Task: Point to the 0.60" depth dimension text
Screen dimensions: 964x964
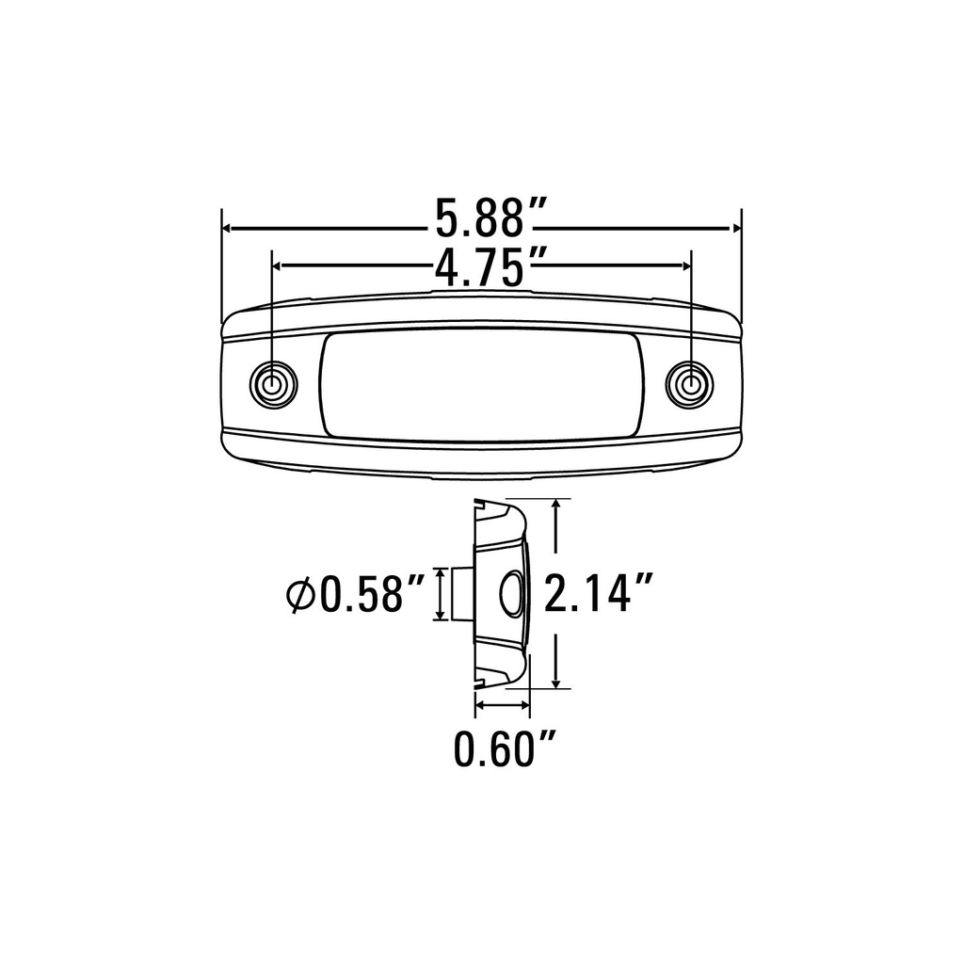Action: click(x=503, y=749)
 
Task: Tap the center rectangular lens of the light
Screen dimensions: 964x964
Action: click(x=481, y=385)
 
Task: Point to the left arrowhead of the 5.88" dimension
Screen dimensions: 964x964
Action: click(x=229, y=228)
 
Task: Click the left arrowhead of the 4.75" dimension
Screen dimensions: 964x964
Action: click(x=279, y=266)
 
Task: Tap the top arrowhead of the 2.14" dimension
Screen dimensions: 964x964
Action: click(x=560, y=506)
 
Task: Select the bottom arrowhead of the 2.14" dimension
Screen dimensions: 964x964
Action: click(x=560, y=681)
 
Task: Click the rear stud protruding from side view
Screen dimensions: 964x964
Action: click(x=461, y=594)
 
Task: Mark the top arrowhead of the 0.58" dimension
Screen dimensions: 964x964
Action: click(x=439, y=574)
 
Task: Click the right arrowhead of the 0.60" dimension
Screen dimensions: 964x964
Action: click(x=524, y=704)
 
